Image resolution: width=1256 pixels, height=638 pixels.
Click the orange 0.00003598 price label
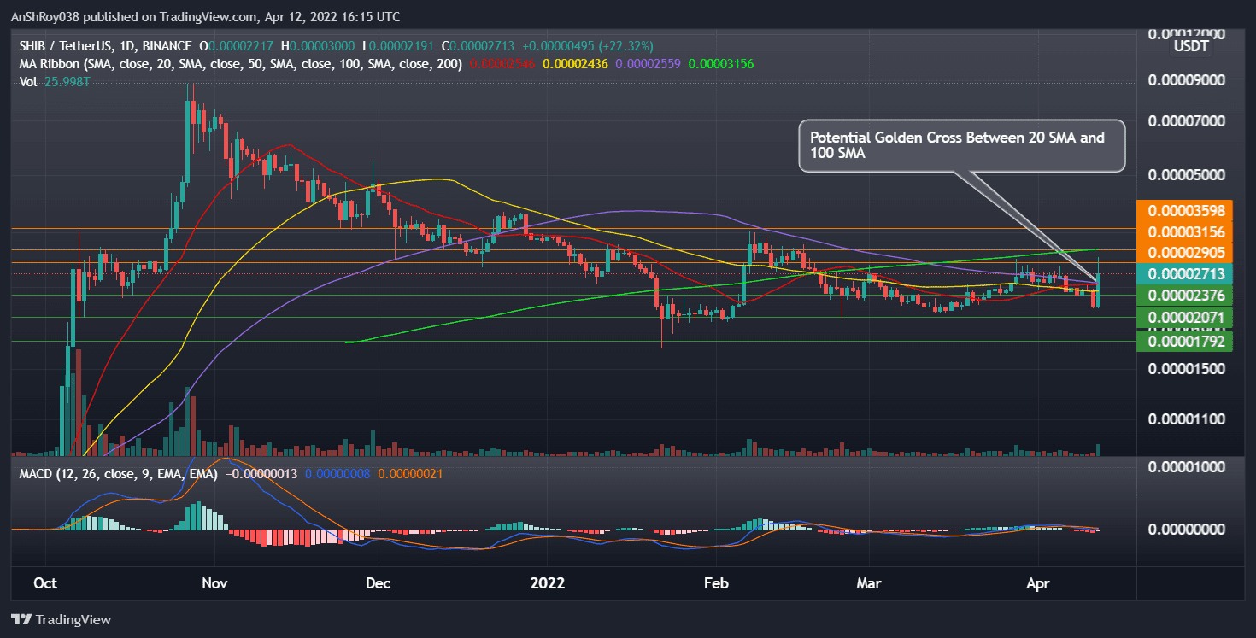tap(1188, 210)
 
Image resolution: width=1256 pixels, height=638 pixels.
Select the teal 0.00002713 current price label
tap(1188, 274)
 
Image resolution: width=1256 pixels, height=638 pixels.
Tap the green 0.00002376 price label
tap(1188, 296)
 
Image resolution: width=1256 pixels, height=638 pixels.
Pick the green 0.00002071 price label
tap(1188, 318)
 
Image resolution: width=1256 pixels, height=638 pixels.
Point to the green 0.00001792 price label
tap(1188, 342)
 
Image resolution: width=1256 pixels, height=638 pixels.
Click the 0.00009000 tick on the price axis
tap(1188, 80)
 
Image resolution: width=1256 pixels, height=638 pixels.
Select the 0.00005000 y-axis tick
tap(1188, 175)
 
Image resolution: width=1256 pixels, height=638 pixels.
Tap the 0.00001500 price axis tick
tap(1188, 369)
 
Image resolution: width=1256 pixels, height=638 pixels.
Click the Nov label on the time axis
tap(214, 584)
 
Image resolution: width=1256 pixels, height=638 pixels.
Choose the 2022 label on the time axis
tap(547, 584)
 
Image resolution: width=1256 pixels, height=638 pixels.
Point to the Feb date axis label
tap(715, 584)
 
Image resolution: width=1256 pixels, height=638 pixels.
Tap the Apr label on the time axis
tap(1036, 584)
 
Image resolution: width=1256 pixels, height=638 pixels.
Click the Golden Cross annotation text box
tap(962, 145)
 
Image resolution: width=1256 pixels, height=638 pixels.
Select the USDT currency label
tap(1189, 45)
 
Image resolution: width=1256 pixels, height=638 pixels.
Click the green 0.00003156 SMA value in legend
tap(721, 64)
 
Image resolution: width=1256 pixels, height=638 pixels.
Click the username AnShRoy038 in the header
tap(52, 17)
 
